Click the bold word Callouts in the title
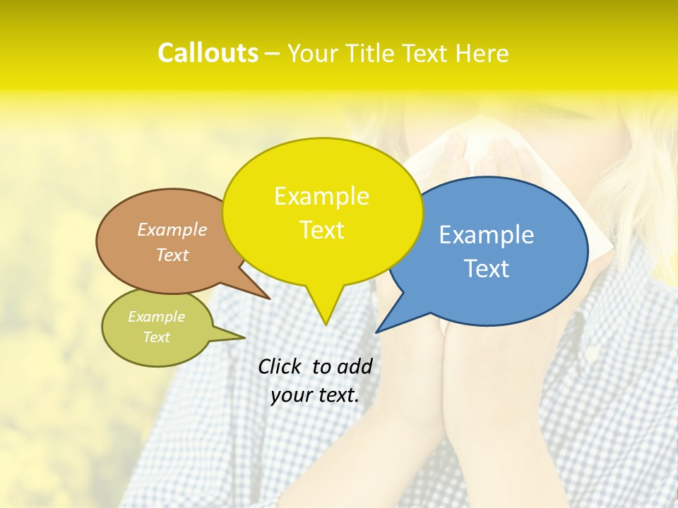[x=208, y=53]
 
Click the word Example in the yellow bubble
[x=321, y=196]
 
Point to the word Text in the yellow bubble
[x=321, y=230]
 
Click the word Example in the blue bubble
[x=487, y=235]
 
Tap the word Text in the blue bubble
[x=487, y=269]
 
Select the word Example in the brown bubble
[x=172, y=229]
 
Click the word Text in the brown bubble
[x=172, y=255]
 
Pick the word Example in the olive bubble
[x=156, y=317]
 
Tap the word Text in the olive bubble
[x=156, y=337]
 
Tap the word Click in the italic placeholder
[x=280, y=367]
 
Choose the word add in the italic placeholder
[x=355, y=367]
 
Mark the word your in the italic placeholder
[x=290, y=395]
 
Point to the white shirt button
[x=592, y=351]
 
